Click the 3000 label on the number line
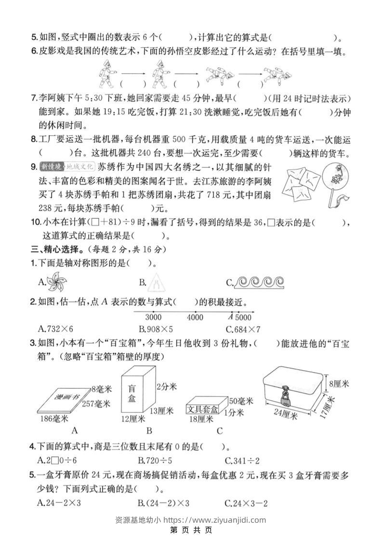[153, 318]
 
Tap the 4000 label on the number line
[195, 318]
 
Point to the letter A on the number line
[231, 317]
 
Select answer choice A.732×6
[55, 329]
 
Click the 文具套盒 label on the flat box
[202, 409]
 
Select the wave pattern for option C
[259, 283]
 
